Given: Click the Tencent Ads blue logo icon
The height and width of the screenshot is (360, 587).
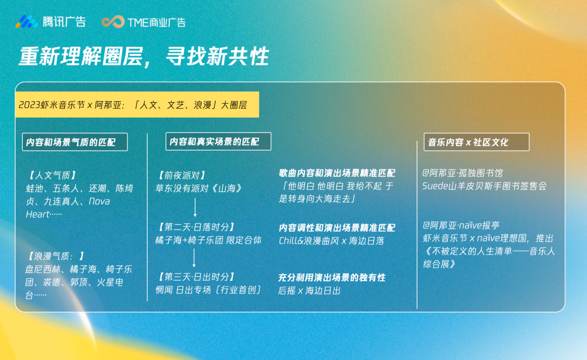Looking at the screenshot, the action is (27, 22).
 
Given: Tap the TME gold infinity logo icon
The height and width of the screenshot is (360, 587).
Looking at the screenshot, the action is (113, 22).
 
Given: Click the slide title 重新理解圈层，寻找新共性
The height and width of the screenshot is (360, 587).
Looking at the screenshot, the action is (143, 57).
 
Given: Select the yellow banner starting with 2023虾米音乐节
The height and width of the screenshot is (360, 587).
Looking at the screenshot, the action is (137, 104).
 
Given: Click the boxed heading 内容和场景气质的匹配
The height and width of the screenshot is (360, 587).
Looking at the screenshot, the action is (75, 142).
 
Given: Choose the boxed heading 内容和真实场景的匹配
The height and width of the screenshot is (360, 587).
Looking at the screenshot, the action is (218, 141).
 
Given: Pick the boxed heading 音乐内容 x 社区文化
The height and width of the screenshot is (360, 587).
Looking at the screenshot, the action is (476, 142).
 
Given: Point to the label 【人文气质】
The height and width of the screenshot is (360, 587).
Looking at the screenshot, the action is (52, 175).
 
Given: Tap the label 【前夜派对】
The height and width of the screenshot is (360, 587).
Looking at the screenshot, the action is (182, 175).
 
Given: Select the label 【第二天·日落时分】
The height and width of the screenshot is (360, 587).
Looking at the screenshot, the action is (196, 227).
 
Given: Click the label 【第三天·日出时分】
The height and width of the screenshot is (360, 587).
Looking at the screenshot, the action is (196, 277).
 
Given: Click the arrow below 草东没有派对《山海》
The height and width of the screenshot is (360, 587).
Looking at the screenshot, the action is (195, 207).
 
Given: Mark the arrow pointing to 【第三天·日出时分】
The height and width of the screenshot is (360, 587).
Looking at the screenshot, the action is (194, 257).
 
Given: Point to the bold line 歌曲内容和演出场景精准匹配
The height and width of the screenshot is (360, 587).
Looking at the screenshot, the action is (337, 173).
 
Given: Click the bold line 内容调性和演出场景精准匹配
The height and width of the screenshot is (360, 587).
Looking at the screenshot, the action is (337, 228).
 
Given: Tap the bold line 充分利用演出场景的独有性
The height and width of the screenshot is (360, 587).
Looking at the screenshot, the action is (332, 277).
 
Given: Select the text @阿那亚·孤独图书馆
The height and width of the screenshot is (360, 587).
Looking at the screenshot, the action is (463, 173).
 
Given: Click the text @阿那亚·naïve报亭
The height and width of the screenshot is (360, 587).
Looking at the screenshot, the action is (461, 225).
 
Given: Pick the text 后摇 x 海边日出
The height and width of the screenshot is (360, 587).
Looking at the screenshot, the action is (309, 290).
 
